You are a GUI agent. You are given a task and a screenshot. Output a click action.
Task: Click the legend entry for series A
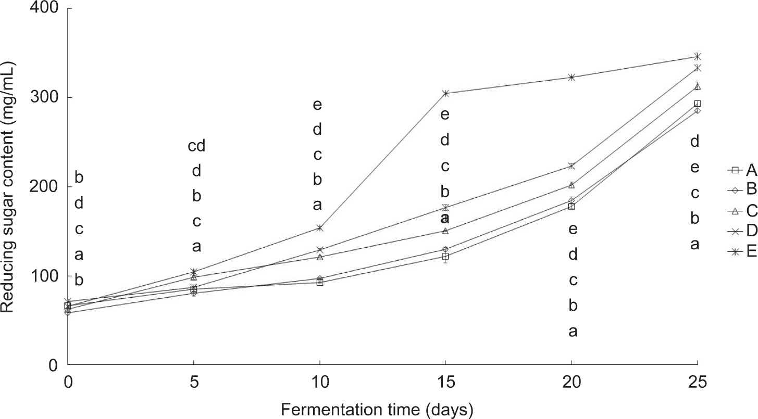pos(742,170)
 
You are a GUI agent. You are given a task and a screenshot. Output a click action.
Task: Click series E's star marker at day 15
pos(445,94)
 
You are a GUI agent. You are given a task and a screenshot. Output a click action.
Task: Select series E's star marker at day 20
pos(571,78)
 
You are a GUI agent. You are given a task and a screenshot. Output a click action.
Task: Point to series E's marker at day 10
pos(319,228)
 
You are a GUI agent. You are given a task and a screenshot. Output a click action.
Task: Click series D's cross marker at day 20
pos(571,166)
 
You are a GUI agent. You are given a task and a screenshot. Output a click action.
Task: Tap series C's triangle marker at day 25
pos(697,86)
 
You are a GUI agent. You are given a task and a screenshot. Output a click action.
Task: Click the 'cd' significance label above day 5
pos(196,147)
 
